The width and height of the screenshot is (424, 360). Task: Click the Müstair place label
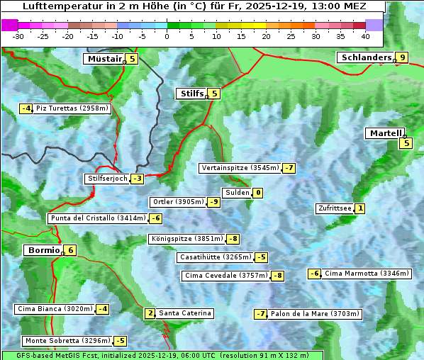click(104, 59)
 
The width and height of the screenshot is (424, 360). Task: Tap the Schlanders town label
click(365, 57)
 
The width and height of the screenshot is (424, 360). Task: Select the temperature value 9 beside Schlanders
click(402, 58)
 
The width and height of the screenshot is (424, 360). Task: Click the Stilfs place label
click(191, 94)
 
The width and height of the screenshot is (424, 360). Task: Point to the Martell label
click(385, 133)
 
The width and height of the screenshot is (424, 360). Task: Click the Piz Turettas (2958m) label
click(72, 108)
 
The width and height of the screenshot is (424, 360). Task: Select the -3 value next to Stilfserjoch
click(137, 179)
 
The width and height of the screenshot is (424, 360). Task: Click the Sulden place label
click(237, 193)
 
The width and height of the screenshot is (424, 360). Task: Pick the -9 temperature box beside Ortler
click(213, 202)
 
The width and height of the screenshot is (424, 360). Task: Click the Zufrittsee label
click(335, 208)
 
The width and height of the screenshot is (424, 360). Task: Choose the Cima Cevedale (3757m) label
click(225, 276)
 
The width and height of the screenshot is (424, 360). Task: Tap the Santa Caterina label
click(185, 313)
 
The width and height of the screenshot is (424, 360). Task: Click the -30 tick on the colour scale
click(18, 35)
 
